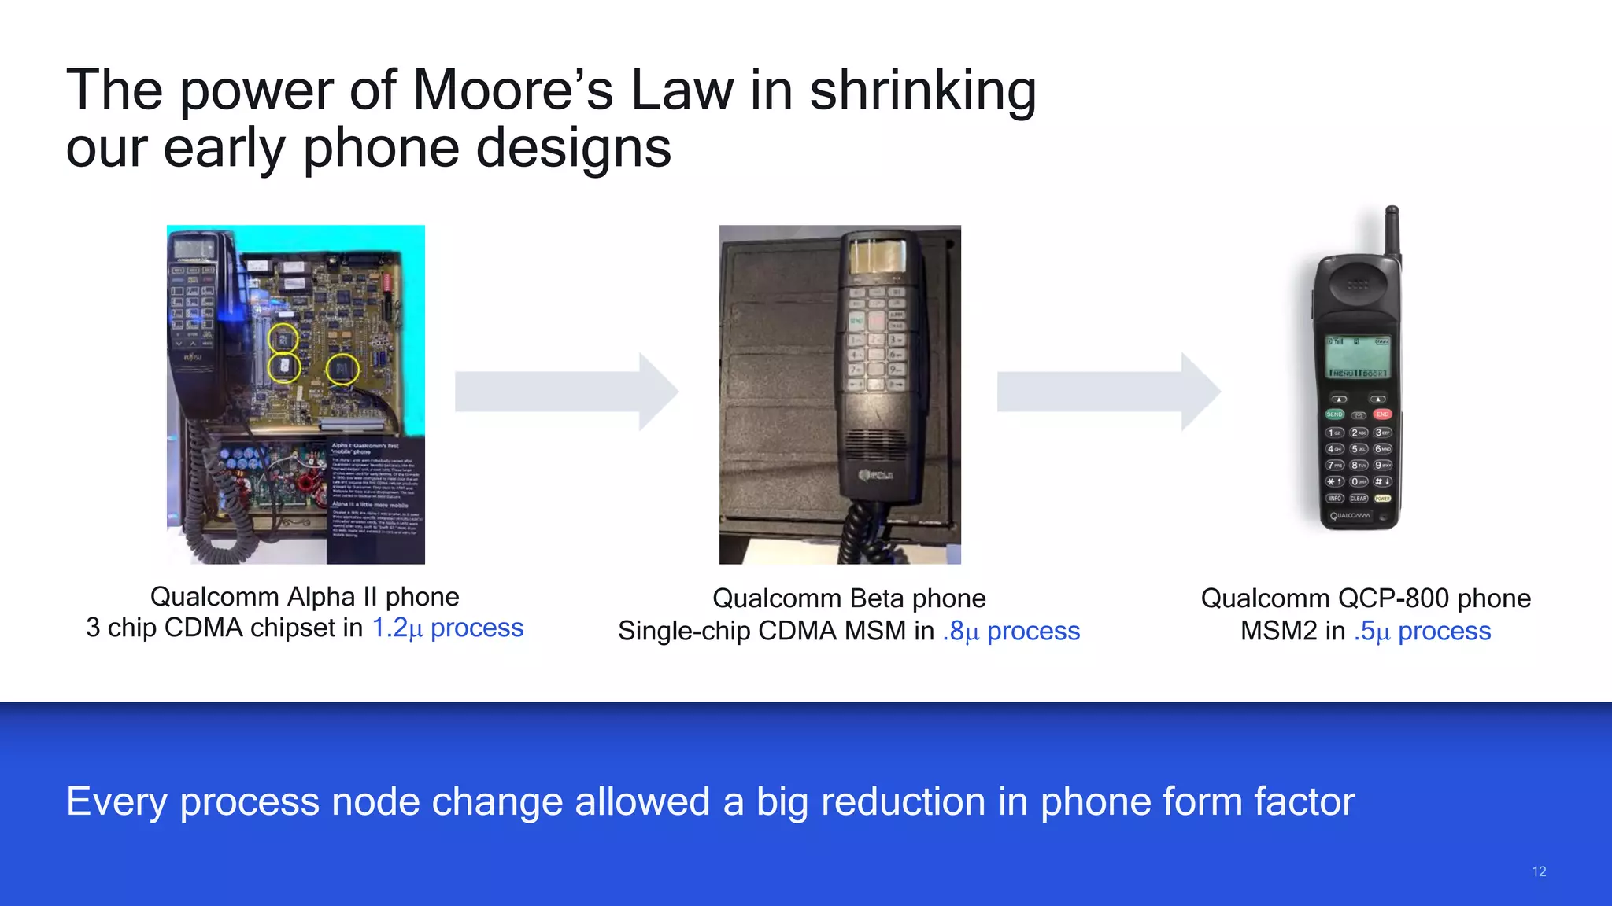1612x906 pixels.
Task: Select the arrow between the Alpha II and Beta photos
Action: coord(566,392)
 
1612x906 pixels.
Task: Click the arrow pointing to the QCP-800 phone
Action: coord(1108,392)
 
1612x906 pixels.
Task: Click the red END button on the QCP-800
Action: coord(1382,414)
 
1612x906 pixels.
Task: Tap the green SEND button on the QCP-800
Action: coord(1334,414)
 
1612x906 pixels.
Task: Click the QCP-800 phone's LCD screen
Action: coord(1358,355)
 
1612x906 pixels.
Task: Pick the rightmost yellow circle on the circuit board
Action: coord(342,368)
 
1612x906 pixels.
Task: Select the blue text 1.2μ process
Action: coord(447,628)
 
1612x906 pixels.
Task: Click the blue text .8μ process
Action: coord(1011,631)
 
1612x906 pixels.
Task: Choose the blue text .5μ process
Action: coord(1422,631)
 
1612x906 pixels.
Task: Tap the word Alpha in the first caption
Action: coord(322,597)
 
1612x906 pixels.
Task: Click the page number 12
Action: coord(1539,871)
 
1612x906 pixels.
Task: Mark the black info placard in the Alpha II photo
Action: coord(375,500)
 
